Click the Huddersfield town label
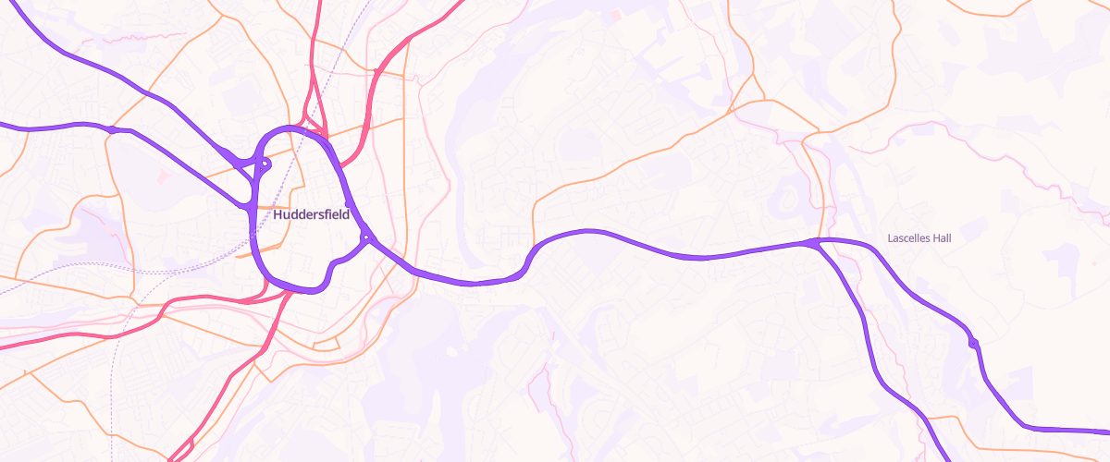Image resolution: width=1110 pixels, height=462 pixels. [x=311, y=214]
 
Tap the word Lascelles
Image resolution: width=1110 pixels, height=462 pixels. [x=908, y=237]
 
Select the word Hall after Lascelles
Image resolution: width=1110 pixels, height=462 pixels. [x=942, y=237]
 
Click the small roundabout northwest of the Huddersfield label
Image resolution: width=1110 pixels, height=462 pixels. [x=265, y=165]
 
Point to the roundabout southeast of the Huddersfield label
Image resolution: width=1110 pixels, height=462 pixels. [x=367, y=238]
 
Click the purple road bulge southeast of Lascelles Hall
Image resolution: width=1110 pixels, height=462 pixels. [x=973, y=344]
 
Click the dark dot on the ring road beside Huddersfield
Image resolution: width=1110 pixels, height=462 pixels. [x=347, y=203]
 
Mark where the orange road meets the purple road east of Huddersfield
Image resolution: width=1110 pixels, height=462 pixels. [x=534, y=248]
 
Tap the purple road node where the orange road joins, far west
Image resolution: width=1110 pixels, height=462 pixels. [x=111, y=129]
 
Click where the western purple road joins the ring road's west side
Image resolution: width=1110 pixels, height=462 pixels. [x=252, y=207]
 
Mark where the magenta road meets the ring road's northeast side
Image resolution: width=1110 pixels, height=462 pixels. [x=341, y=166]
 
